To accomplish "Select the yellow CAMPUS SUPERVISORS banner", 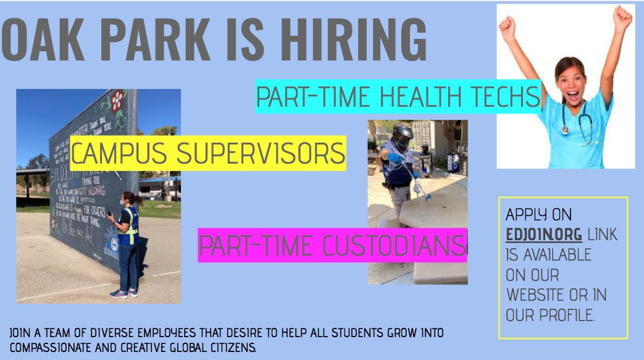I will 207,153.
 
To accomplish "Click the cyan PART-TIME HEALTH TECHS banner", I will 398,97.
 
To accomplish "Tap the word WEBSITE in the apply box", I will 538,295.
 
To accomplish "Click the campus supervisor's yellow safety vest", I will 130,225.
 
